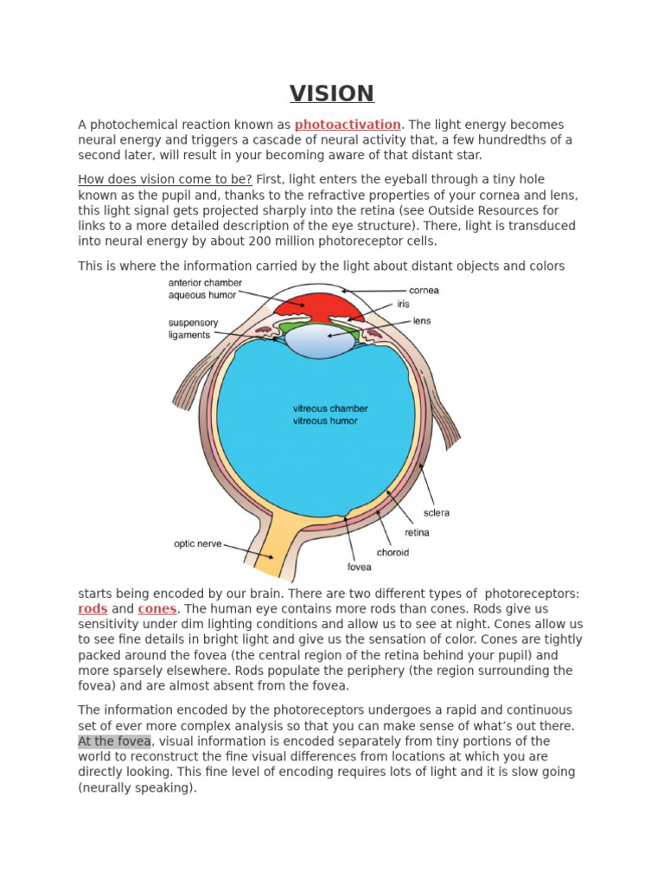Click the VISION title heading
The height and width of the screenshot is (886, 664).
click(331, 93)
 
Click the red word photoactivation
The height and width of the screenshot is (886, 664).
click(348, 125)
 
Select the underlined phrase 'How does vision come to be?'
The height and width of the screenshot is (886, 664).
click(165, 179)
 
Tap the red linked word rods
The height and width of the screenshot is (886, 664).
click(93, 609)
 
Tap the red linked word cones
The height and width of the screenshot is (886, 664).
click(156, 609)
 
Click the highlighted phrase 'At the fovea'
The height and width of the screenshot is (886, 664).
click(114, 742)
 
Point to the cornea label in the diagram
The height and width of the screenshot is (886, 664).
click(423, 291)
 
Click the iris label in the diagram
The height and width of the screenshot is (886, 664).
click(404, 305)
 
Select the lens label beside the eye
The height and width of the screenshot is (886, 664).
click(422, 321)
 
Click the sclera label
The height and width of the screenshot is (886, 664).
click(436, 513)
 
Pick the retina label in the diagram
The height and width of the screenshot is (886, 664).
click(417, 533)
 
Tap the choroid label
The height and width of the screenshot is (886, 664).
click(393, 552)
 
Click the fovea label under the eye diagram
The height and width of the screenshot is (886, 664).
click(359, 568)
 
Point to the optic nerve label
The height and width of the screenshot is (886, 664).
click(198, 544)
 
